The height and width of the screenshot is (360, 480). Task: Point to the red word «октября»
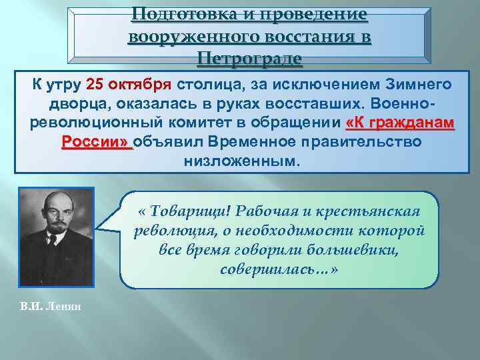pos(145,85)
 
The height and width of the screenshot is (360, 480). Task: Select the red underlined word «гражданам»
pos(416,124)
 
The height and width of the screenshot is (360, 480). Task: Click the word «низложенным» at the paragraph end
pos(241,162)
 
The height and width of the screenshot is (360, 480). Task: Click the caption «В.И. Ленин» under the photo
pos(45,305)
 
